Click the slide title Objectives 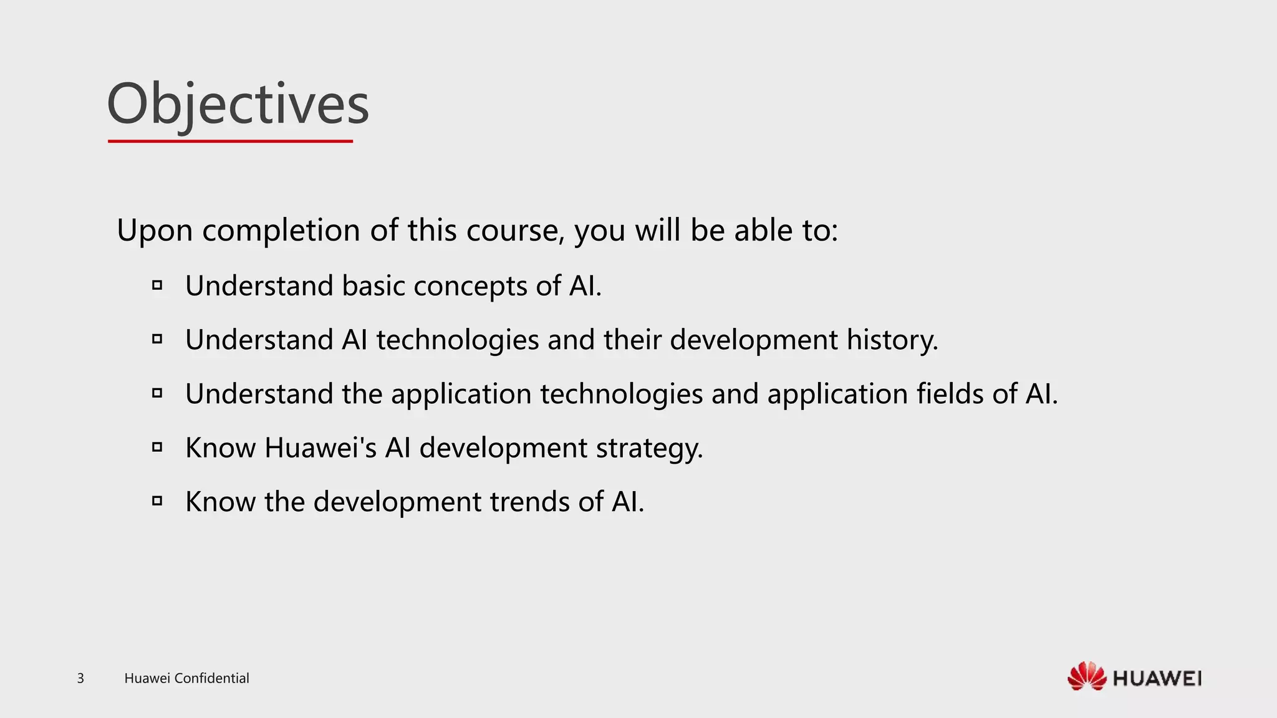point(238,104)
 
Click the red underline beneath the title point(230,141)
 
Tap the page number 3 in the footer point(80,678)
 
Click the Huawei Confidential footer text point(186,678)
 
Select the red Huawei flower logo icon point(1086,676)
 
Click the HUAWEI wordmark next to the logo point(1157,678)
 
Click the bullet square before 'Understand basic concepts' point(157,285)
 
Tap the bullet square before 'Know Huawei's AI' point(157,447)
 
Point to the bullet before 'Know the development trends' point(157,500)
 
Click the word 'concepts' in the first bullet point(470,286)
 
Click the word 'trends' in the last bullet point(529,502)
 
